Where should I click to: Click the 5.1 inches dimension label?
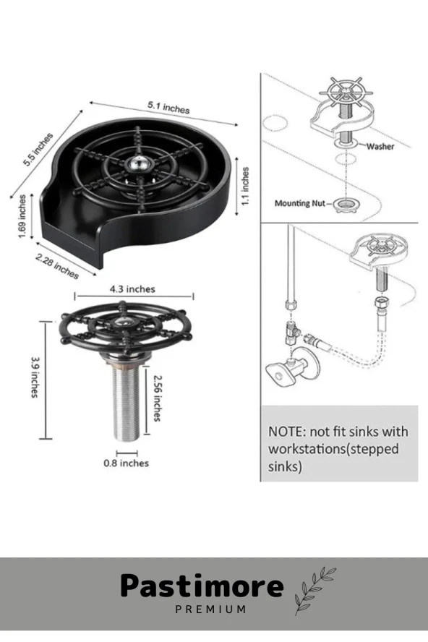pyautogui.click(x=168, y=107)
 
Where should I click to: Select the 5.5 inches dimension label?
pyautogui.click(x=38, y=150)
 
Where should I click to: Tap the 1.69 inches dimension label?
pyautogui.click(x=22, y=216)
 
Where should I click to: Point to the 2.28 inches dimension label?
pyautogui.click(x=57, y=266)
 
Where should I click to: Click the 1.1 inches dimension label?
pyautogui.click(x=245, y=187)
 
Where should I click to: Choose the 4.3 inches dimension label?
pyautogui.click(x=132, y=289)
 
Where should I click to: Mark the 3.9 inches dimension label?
pyautogui.click(x=35, y=377)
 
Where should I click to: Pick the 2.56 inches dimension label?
pyautogui.click(x=157, y=398)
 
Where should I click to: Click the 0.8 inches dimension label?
pyautogui.click(x=126, y=463)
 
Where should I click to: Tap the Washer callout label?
pyautogui.click(x=380, y=146)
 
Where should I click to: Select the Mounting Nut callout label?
pyautogui.click(x=300, y=203)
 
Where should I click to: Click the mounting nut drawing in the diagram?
pyautogui.click(x=344, y=204)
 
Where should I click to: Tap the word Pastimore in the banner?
pyautogui.click(x=202, y=586)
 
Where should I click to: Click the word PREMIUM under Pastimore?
pyautogui.click(x=211, y=609)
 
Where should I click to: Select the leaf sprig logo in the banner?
pyautogui.click(x=314, y=590)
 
